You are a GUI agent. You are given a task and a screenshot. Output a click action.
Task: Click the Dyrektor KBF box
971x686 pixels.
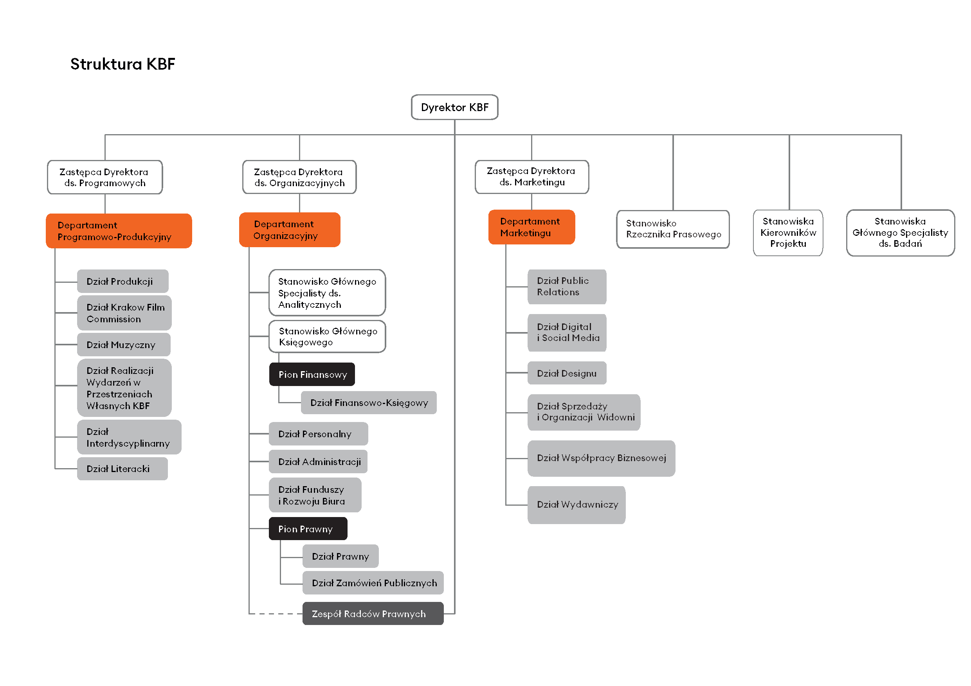[x=454, y=108]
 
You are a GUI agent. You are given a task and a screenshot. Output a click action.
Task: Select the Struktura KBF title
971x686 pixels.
[x=123, y=64]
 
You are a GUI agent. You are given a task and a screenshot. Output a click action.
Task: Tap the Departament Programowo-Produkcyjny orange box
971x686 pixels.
[x=119, y=231]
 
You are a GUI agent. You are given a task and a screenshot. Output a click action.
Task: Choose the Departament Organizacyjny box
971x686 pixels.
[x=290, y=230]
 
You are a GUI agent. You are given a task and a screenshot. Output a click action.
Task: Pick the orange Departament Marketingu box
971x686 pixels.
[x=531, y=227]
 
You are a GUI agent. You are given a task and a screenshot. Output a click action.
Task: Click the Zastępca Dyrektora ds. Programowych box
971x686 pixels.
[x=105, y=177]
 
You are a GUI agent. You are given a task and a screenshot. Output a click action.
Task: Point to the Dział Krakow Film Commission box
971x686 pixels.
[x=124, y=313]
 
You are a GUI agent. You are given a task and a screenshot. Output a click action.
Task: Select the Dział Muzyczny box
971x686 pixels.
[x=124, y=345]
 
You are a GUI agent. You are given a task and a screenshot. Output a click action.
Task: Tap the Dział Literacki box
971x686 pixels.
[x=122, y=468]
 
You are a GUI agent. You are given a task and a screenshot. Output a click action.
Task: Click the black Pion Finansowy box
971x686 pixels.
[x=312, y=374]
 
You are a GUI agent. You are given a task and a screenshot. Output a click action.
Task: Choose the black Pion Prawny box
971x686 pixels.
[x=308, y=528]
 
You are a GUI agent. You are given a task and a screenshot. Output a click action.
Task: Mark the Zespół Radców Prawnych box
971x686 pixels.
[x=373, y=613]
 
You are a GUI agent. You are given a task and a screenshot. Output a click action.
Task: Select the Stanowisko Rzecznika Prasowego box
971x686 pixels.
[x=672, y=229]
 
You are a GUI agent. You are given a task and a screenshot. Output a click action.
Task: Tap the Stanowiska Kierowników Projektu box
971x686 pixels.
[x=787, y=232]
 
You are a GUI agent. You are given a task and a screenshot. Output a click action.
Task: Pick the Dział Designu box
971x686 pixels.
[x=567, y=373]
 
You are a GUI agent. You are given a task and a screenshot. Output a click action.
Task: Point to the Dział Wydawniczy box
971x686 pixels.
[x=576, y=504]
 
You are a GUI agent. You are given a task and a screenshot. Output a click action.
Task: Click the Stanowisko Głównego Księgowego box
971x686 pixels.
[x=327, y=336]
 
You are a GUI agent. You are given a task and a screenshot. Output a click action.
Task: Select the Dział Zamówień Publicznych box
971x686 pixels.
[x=373, y=582]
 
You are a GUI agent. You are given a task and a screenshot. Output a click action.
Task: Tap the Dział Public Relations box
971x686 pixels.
[x=567, y=287]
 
